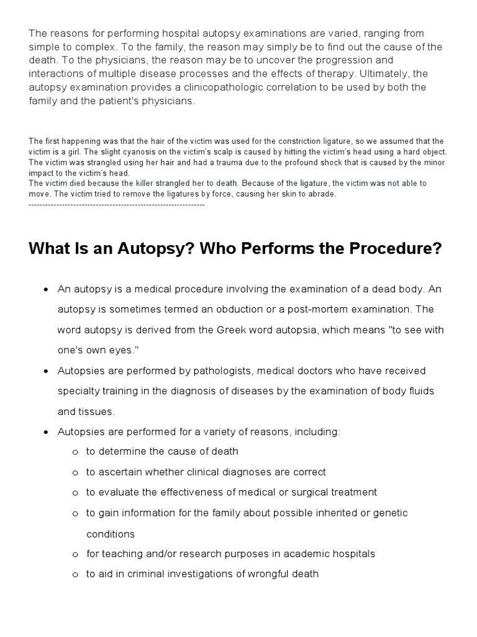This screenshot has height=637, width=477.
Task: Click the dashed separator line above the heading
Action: [x=117, y=204]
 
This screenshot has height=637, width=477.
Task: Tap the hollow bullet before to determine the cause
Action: [x=75, y=452]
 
